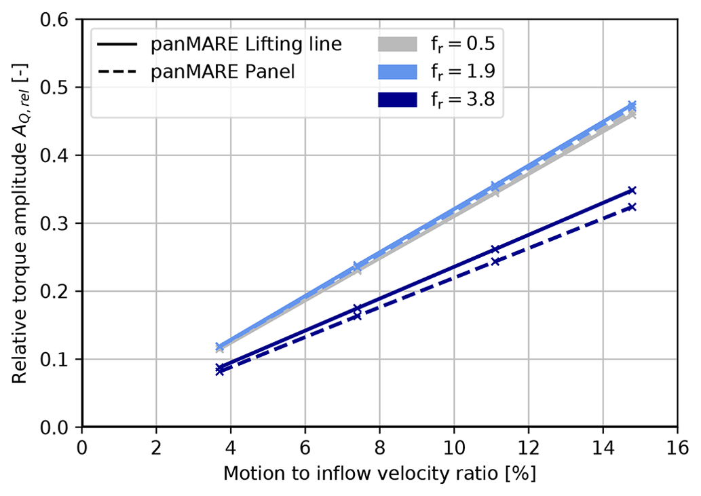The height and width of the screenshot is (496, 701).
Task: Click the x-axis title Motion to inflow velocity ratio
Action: click(x=379, y=474)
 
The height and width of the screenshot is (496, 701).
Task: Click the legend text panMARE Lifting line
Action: click(x=246, y=45)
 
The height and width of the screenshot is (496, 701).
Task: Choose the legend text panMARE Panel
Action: click(x=223, y=72)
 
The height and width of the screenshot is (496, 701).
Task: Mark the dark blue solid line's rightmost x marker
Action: click(x=632, y=190)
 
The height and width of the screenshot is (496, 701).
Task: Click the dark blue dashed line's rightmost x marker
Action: click(x=632, y=206)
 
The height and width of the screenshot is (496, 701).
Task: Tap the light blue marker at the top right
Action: click(x=632, y=105)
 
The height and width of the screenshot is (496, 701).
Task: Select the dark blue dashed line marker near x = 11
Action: click(x=495, y=261)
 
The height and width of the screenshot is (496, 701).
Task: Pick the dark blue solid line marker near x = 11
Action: click(x=495, y=250)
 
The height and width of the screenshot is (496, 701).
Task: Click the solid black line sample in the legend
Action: click(x=117, y=45)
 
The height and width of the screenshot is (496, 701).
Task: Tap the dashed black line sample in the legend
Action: click(x=117, y=72)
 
